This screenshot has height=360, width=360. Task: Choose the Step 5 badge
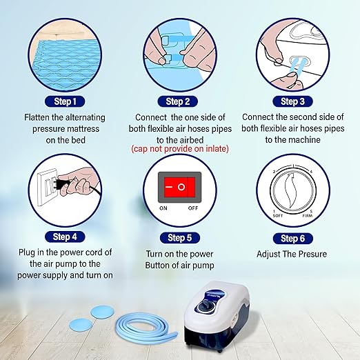tap(179, 238)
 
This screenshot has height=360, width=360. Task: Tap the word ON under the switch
tap(164, 208)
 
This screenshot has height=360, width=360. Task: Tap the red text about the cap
tap(179, 148)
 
